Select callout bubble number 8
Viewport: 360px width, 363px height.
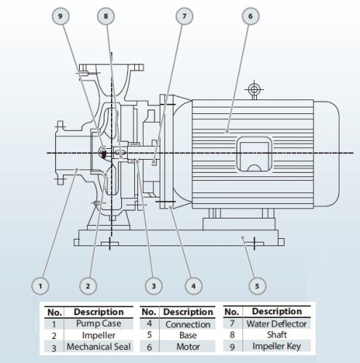[x=107, y=16]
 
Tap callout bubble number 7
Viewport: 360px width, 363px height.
[x=184, y=16]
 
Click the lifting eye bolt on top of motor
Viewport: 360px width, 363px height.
[x=253, y=90]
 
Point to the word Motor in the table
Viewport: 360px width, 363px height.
[x=187, y=347]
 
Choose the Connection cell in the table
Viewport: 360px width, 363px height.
[x=187, y=324]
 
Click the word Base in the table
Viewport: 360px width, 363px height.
[x=187, y=335]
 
